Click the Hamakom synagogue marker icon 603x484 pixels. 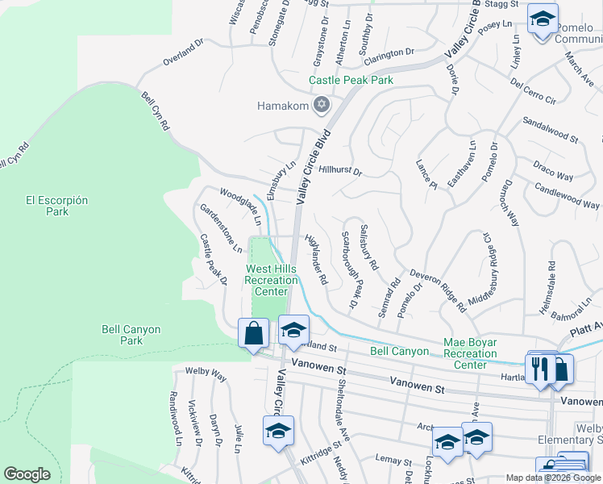[x=322, y=105]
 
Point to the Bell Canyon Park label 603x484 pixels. [x=131, y=335]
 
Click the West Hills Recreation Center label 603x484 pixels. [x=277, y=279]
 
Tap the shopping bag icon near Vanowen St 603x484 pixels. [x=254, y=332]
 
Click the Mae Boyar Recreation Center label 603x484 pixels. [x=481, y=353]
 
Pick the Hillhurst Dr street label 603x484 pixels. [x=341, y=171]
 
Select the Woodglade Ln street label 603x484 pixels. [x=241, y=205]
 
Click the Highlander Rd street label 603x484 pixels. [x=316, y=259]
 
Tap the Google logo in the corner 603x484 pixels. [x=27, y=474]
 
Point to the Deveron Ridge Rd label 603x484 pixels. [x=437, y=290]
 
